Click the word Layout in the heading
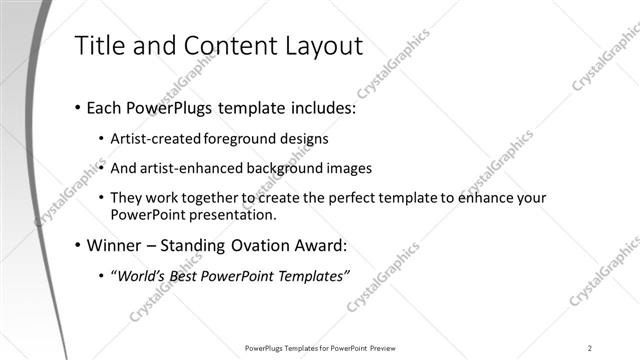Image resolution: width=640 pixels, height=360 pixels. coord(322,46)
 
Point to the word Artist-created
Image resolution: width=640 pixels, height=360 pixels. coord(156,138)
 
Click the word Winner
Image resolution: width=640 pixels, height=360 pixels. coord(116,245)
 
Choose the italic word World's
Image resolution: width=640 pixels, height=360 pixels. coord(144,275)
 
